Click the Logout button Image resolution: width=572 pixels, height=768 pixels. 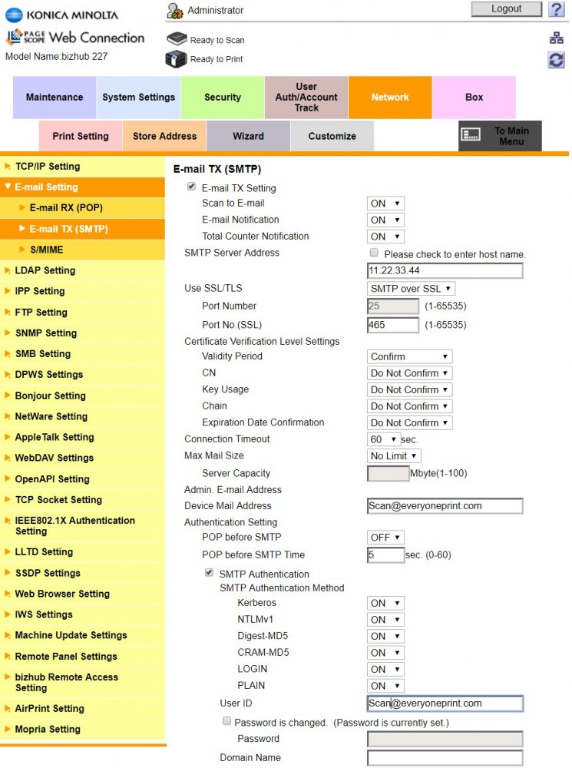click(506, 9)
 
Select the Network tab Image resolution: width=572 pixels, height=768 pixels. click(390, 98)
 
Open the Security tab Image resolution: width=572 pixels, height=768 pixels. click(223, 98)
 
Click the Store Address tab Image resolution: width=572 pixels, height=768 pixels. click(164, 136)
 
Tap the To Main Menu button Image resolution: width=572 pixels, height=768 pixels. click(500, 136)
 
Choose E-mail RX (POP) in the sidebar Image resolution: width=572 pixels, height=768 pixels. click(66, 208)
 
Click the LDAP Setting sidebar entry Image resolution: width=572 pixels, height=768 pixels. click(45, 270)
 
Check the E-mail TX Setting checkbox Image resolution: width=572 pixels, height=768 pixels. click(191, 187)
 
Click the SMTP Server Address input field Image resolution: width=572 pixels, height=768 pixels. click(445, 271)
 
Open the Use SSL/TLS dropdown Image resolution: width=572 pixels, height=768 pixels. click(411, 289)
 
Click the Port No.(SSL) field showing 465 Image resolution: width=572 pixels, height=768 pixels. click(392, 325)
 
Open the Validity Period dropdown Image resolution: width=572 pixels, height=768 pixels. click(409, 356)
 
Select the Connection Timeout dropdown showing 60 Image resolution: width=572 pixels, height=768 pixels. click(384, 439)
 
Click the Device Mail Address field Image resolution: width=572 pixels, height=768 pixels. click(445, 506)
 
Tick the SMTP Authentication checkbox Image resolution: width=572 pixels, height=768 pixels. click(209, 573)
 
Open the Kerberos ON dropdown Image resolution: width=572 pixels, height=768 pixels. click(385, 604)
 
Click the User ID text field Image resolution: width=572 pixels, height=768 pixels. click(445, 703)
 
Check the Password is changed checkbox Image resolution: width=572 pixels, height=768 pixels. click(226, 722)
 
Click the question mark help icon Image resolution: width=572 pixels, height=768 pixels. click(556, 9)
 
